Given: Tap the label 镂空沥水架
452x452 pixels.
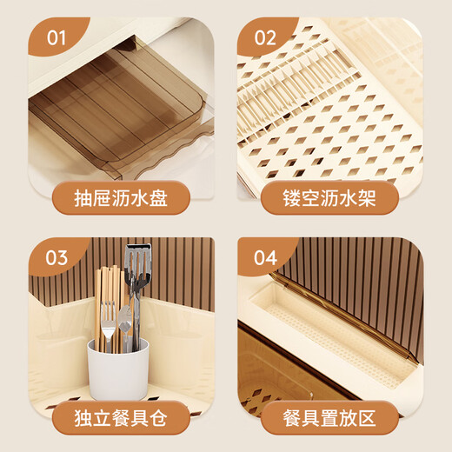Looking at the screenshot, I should [330, 198].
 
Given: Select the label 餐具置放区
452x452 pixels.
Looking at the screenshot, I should [330, 418].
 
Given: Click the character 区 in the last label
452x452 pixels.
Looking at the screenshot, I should [365, 418].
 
